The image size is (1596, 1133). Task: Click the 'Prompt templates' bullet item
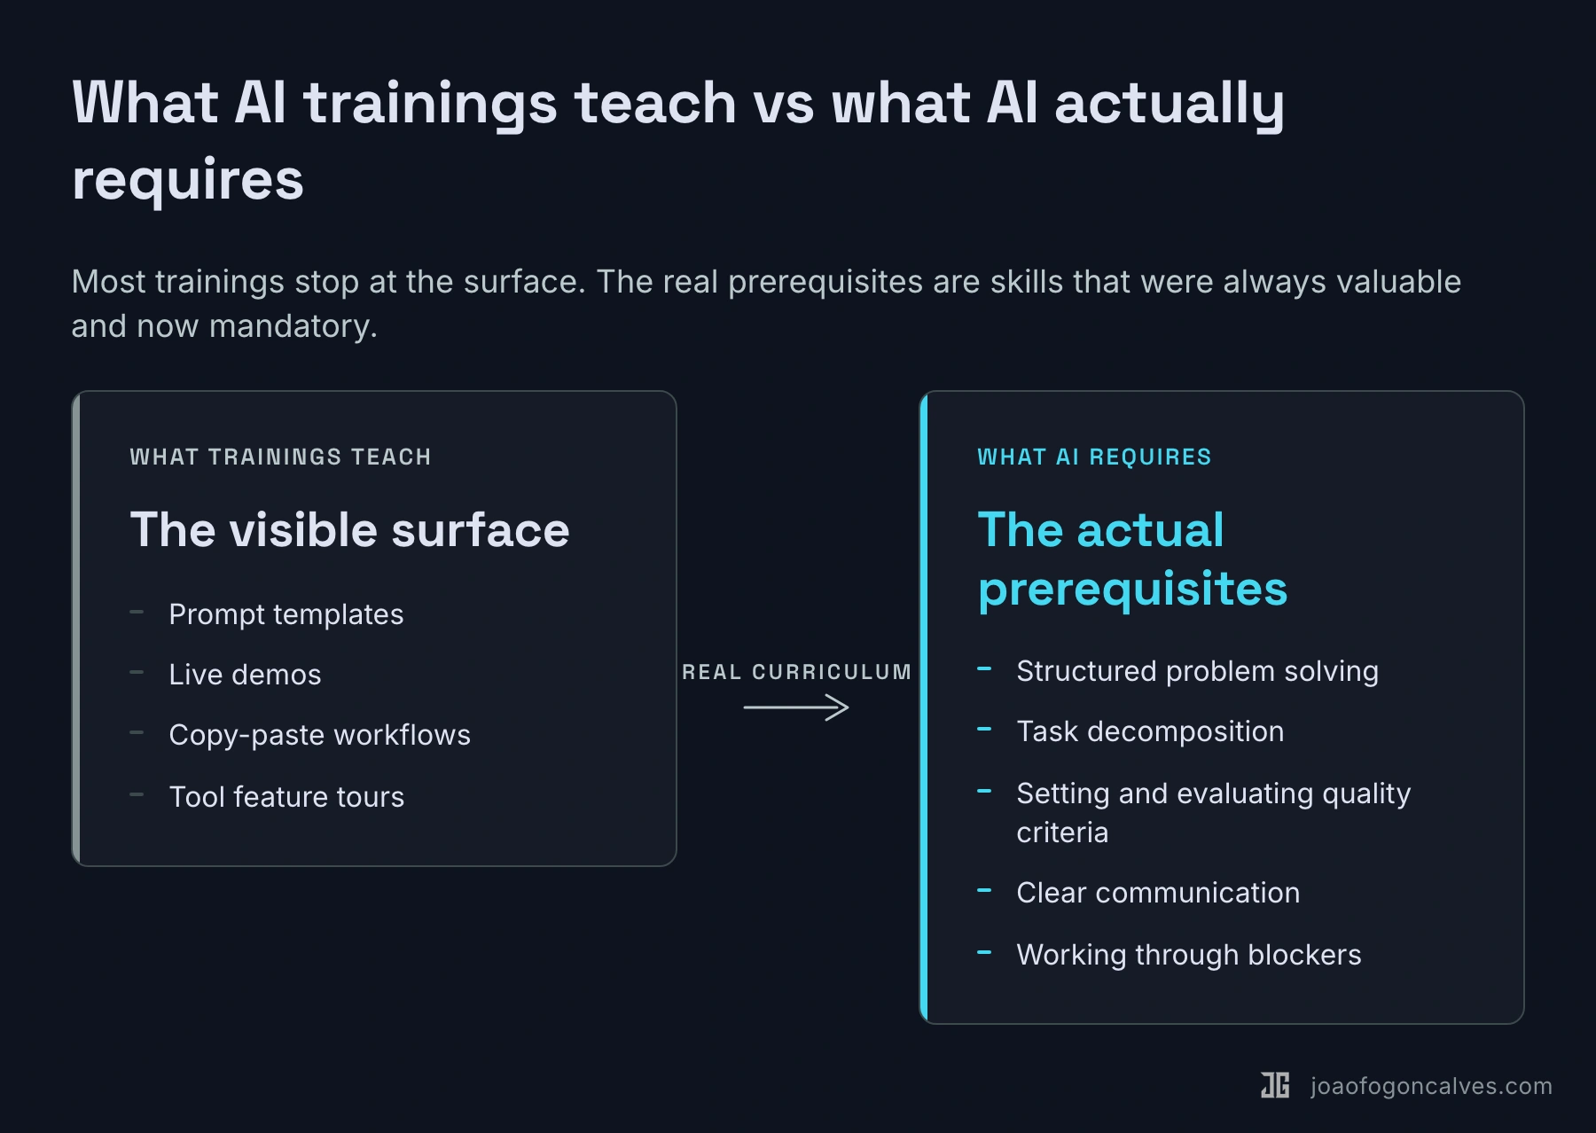point(286,614)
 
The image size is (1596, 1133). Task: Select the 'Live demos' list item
point(246,675)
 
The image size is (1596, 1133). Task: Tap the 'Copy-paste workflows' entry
point(320,735)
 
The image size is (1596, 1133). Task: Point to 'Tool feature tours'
point(286,797)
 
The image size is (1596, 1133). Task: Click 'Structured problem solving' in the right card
point(1198,671)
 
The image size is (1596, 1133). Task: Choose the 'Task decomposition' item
point(1150,731)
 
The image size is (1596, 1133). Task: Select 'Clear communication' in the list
point(1158,893)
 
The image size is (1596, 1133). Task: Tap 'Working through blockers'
point(1189,955)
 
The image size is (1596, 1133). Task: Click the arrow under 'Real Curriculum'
point(796,707)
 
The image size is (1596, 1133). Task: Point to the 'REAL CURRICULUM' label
point(797,672)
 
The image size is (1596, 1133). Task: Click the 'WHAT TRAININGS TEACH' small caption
point(280,457)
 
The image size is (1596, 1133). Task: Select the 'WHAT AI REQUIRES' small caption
point(1094,457)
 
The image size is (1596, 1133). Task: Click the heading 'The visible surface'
point(349,530)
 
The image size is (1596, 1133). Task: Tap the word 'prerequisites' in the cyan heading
point(1132,589)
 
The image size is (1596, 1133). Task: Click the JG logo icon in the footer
point(1275,1085)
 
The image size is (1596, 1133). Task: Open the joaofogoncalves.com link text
point(1431,1086)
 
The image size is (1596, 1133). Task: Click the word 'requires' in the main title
point(188,181)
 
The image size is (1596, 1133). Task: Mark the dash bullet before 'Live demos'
point(137,673)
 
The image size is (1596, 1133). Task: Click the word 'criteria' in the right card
point(1062,832)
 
